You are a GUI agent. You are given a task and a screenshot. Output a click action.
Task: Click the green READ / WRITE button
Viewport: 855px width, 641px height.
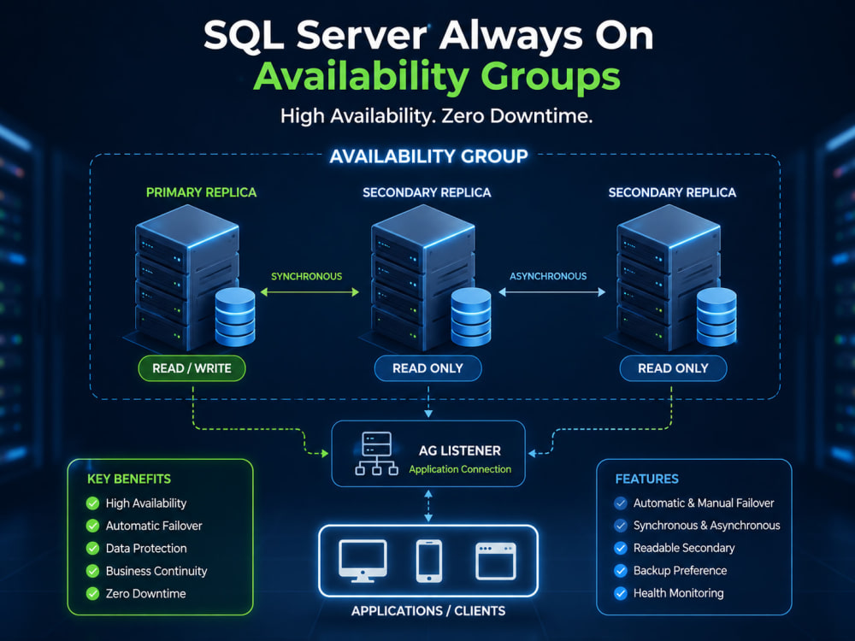coord(192,368)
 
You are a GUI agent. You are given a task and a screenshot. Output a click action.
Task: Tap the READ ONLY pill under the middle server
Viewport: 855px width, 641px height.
coord(428,368)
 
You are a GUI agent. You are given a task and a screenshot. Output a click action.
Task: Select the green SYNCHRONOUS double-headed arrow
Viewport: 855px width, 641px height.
coord(310,292)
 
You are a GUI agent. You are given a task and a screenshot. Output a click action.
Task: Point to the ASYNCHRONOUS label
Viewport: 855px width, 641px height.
coord(548,276)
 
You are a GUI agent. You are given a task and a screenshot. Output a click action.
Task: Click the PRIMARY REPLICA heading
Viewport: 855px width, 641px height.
coord(201,192)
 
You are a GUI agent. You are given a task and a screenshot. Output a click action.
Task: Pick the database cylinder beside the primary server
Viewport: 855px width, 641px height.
coord(235,317)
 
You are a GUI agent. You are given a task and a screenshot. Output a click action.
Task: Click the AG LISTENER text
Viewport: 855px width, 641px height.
coord(460,450)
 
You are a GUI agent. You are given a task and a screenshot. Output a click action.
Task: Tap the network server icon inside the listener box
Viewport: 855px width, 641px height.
coord(377,454)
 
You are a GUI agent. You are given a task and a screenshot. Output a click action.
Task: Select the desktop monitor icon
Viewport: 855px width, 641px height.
coord(363,561)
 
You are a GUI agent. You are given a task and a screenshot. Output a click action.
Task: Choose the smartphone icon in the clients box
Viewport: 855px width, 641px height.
coord(429,561)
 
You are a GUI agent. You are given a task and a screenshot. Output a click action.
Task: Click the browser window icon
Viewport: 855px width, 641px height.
coord(496,561)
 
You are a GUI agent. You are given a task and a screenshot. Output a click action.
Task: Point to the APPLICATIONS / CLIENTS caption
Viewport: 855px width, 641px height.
coord(428,611)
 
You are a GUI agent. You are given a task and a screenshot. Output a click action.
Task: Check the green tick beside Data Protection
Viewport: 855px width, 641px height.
coord(92,549)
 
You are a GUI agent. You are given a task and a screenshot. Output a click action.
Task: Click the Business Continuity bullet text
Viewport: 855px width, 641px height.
coord(156,571)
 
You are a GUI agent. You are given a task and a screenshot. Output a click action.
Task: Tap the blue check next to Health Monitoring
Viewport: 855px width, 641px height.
coord(621,593)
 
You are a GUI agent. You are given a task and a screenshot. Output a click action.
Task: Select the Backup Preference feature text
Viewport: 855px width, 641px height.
coord(680,571)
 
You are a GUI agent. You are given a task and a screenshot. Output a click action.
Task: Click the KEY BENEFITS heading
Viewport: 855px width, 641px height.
coord(129,479)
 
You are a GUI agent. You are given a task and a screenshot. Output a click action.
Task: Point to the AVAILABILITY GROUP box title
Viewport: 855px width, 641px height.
coord(428,156)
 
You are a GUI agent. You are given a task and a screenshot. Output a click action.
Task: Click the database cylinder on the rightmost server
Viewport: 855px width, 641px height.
coord(716,317)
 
